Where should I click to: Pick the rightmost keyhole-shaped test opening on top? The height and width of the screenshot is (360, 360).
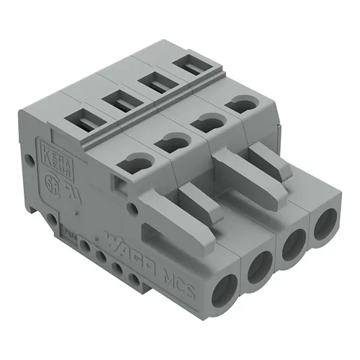click(240, 104)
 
